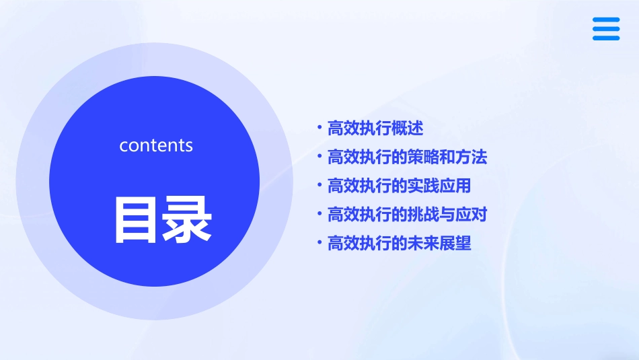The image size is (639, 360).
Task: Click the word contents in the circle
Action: [x=156, y=145]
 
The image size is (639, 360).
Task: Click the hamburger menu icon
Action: [x=606, y=29]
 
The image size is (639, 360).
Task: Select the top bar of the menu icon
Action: [x=606, y=20]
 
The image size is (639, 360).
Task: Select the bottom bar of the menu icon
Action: [x=606, y=38]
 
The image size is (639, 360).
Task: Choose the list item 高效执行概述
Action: [x=375, y=128]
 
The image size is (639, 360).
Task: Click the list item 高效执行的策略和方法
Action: [x=407, y=157]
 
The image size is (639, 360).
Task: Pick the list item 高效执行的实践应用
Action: [x=399, y=186]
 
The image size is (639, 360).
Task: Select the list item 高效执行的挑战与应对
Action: [x=407, y=215]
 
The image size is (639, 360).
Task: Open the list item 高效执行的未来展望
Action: [x=399, y=244]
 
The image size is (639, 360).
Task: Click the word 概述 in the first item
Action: [x=407, y=128]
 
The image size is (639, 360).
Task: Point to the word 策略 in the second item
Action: [x=423, y=157]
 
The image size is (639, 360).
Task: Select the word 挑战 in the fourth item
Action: [x=423, y=215]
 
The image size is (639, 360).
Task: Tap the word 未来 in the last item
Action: [x=423, y=244]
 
